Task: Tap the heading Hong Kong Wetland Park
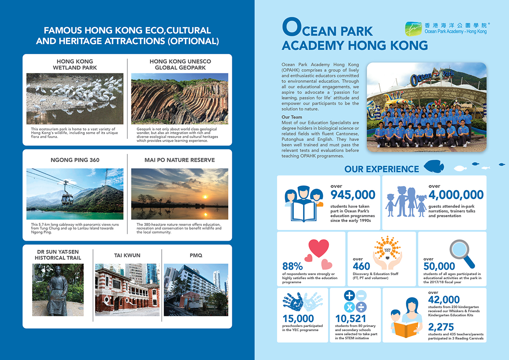[75, 64]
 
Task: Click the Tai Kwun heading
[127, 255]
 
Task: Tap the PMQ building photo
[196, 290]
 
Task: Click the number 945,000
[353, 195]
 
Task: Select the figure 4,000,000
[456, 195]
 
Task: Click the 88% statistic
[292, 266]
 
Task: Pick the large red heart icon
[319, 248]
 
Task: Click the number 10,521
[350, 319]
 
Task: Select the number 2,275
[441, 327]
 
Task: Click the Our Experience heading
[381, 169]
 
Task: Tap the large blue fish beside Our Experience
[434, 166]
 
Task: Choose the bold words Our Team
[291, 117]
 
